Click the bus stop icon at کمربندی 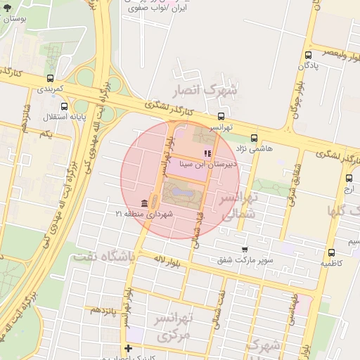pyautogui.click(x=50, y=79)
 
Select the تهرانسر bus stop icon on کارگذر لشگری pyautogui.click(x=221, y=117)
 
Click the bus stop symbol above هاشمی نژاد pyautogui.click(x=254, y=139)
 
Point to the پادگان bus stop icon pyautogui.click(x=308, y=55)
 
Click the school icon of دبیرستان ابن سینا pyautogui.click(x=207, y=153)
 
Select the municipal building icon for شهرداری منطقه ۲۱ pyautogui.click(x=144, y=202)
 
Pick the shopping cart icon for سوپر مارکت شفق pyautogui.click(x=244, y=250)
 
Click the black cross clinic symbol pyautogui.click(x=127, y=348)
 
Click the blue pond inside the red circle pyautogui.click(x=175, y=191)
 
